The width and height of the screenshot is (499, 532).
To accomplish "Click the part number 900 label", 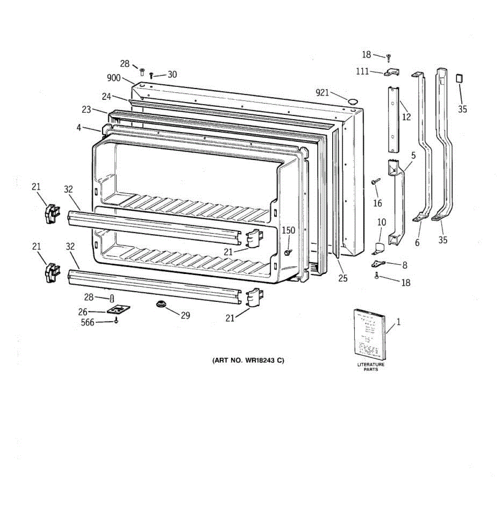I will (x=114, y=78).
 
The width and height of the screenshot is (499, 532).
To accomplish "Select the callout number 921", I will (x=322, y=92).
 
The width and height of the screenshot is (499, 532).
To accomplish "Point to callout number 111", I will (x=362, y=71).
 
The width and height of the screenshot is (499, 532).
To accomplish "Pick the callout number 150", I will (x=288, y=231).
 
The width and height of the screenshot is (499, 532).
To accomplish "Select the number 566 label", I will (x=87, y=323).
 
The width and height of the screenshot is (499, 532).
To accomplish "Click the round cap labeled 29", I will (x=161, y=305).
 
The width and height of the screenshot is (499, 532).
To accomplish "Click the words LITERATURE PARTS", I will (x=371, y=367).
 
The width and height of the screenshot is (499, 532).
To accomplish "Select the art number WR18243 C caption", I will (x=248, y=360).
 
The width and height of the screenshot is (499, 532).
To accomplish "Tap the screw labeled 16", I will (x=375, y=181).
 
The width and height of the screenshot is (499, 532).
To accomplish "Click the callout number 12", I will (x=406, y=117).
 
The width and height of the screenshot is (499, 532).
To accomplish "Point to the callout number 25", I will (x=343, y=278).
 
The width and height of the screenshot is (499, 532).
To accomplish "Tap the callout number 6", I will (x=417, y=243).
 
